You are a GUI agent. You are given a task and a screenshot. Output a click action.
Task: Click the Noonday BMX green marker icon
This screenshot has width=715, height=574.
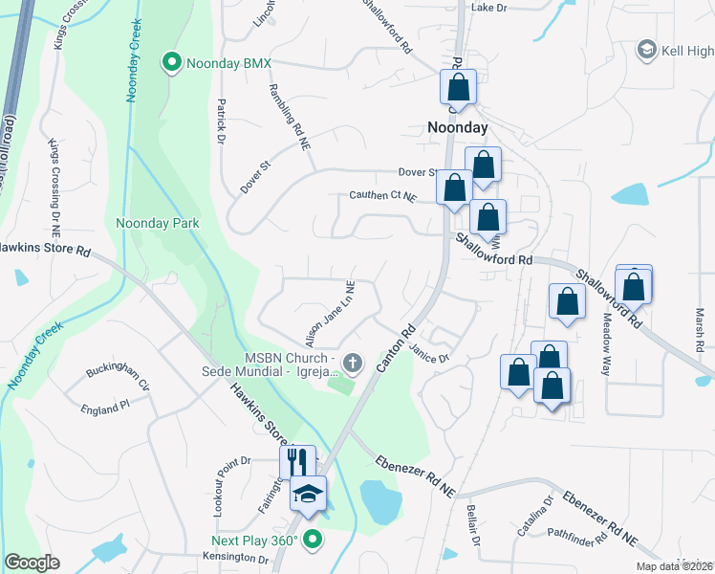click(x=172, y=63)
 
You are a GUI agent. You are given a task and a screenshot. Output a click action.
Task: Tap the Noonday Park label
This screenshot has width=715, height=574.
click(x=157, y=223)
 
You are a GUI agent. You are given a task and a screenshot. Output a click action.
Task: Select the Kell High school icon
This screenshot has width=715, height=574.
click(x=646, y=50)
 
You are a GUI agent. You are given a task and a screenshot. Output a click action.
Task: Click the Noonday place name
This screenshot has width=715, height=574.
click(x=457, y=127)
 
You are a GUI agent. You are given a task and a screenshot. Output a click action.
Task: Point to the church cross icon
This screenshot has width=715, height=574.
click(x=353, y=363)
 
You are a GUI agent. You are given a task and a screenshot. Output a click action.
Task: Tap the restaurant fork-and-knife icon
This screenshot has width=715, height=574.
click(x=297, y=462)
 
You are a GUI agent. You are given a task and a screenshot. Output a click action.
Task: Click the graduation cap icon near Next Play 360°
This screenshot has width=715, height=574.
click(x=308, y=494)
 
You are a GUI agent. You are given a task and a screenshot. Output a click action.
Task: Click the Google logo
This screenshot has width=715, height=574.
click(x=32, y=563)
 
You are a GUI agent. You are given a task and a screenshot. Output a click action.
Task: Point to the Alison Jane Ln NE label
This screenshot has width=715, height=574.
click(x=329, y=313)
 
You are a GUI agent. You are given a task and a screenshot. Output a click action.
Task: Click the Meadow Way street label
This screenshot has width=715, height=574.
click(x=604, y=345)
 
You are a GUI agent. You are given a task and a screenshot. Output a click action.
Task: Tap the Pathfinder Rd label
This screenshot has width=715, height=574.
click(x=577, y=536)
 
